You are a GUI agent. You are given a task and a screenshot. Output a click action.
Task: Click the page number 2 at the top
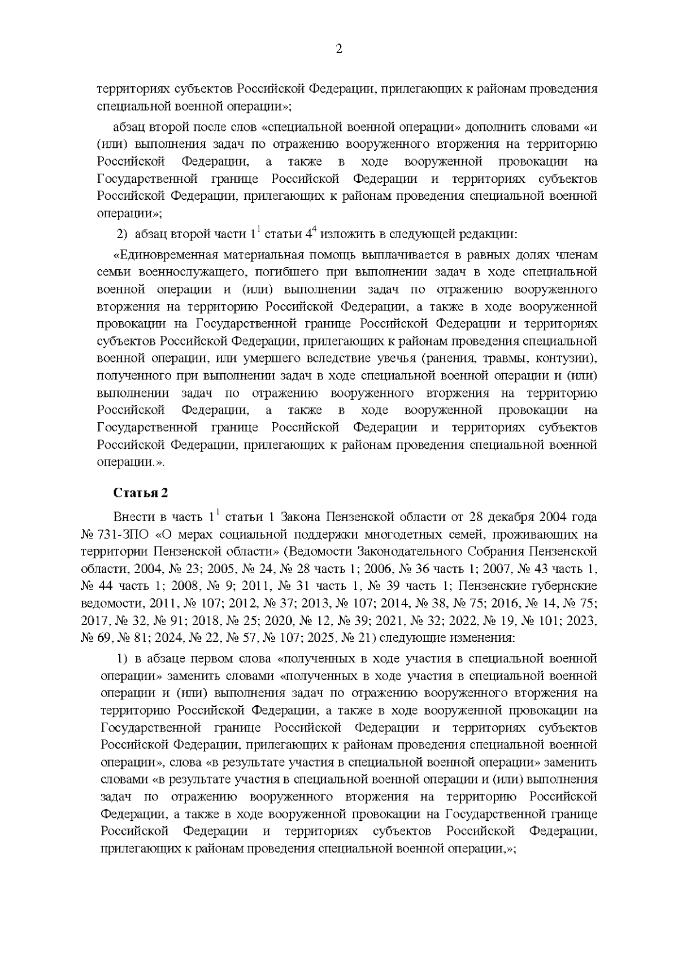[339, 49]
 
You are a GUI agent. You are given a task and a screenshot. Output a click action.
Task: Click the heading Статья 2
[141, 492]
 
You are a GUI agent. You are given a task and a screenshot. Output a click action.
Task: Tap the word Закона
[301, 517]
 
